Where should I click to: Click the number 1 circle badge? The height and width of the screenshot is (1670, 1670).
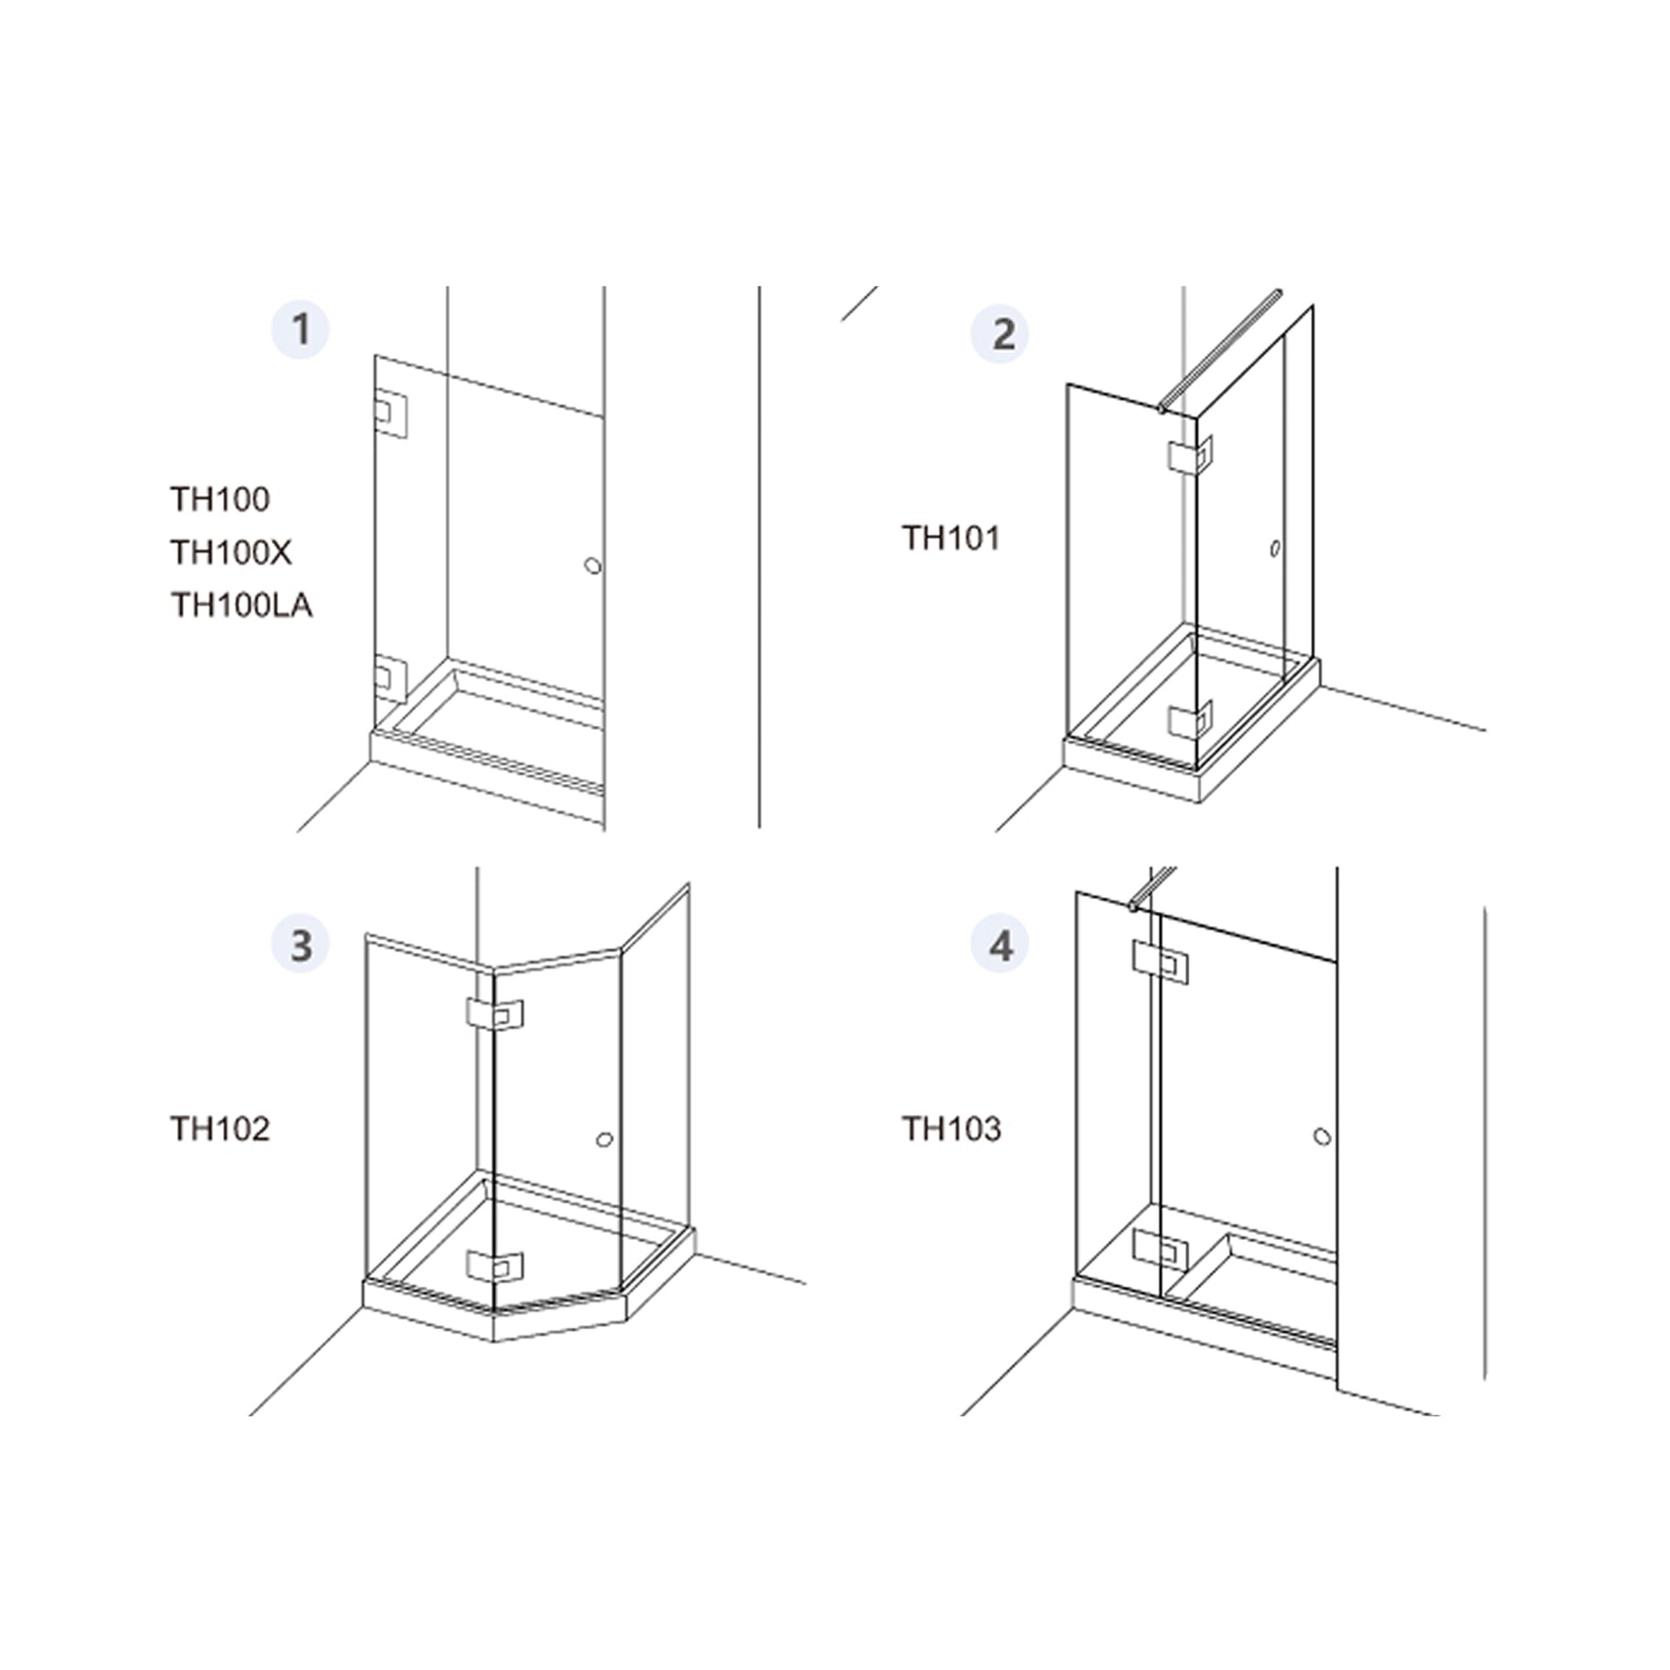[x=301, y=329]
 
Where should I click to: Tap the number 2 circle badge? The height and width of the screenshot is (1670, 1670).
[x=1000, y=333]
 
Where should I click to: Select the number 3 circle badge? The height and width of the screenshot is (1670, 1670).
[x=301, y=945]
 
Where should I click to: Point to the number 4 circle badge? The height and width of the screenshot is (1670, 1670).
[x=1000, y=945]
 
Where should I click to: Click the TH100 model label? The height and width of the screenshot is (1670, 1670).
[x=220, y=500]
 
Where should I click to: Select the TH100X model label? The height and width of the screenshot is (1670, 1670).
[x=231, y=553]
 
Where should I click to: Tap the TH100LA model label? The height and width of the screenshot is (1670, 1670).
[x=241, y=605]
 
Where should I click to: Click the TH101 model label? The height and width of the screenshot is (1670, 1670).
[x=951, y=539]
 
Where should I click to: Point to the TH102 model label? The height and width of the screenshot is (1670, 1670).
[x=220, y=1129]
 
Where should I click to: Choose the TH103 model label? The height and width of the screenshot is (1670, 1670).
[x=952, y=1129]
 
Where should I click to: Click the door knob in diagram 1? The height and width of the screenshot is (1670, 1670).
[x=592, y=566]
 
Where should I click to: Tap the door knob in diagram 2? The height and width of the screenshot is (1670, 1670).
[x=1275, y=548]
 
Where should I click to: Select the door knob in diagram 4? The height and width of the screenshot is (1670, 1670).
[x=1322, y=1136]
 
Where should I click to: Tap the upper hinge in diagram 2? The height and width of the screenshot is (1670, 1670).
[x=1191, y=455]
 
